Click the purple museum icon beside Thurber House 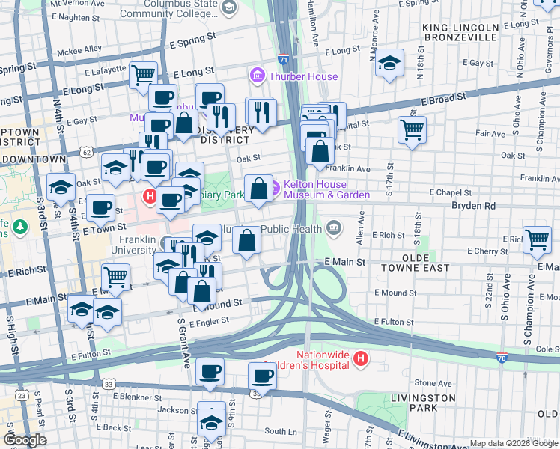tap(258, 76)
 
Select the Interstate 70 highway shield tap(502, 358)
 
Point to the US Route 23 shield tap(22, 394)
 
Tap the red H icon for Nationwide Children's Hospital tap(361, 359)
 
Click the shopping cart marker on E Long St tap(142, 74)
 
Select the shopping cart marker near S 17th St tap(412, 129)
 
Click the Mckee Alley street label tap(82, 49)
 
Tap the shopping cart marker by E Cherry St tap(537, 239)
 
